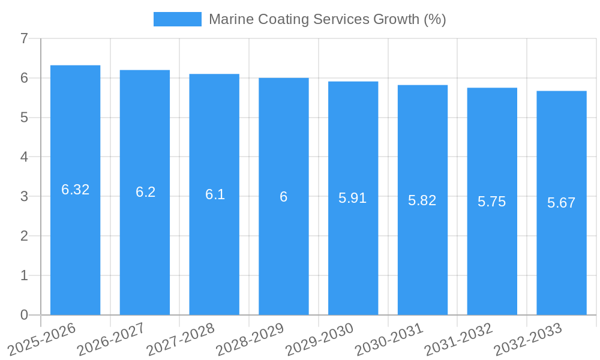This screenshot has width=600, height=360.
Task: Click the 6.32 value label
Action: (x=76, y=190)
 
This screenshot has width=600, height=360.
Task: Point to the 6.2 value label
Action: (x=145, y=192)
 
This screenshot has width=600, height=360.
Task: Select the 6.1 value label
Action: (x=215, y=194)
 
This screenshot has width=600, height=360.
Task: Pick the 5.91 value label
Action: (x=353, y=198)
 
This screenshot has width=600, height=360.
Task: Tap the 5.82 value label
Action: (x=422, y=200)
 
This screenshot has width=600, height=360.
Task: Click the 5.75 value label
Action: (x=492, y=202)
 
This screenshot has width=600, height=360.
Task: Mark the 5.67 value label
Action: (x=562, y=203)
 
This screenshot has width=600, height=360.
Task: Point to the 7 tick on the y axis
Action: (x=24, y=38)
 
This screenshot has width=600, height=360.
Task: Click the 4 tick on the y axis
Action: (x=24, y=157)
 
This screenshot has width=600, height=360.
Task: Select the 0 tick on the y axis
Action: (x=24, y=315)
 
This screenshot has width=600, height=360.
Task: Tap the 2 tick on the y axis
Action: (x=24, y=236)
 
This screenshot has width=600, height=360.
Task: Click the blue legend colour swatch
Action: (x=178, y=19)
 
